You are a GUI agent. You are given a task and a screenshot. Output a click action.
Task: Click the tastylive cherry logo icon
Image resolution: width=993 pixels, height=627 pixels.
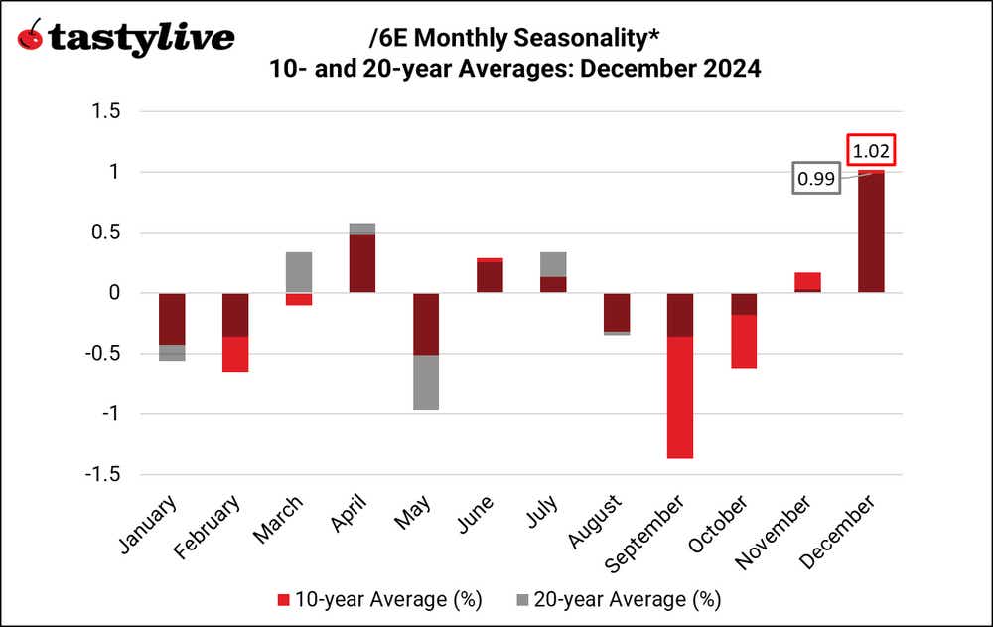(31, 37)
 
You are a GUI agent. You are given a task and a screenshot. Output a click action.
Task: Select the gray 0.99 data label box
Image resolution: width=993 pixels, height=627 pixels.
(815, 180)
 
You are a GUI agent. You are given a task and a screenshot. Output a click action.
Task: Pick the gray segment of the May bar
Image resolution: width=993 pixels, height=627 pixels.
(426, 383)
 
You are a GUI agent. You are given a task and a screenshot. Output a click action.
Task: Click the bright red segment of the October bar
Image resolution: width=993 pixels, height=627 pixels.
(744, 341)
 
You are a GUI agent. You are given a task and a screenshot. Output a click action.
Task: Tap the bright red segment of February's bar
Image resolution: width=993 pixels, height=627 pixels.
(235, 354)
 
